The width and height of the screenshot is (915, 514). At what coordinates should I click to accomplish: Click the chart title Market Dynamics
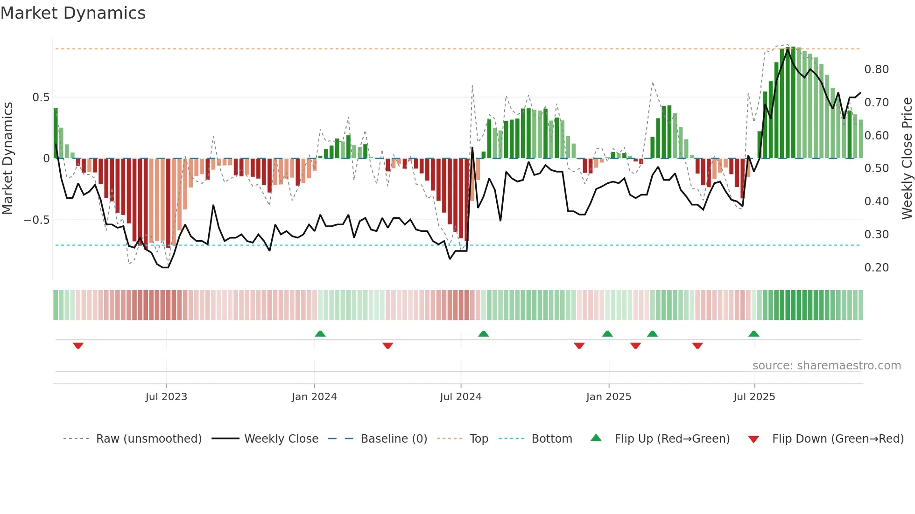click(x=73, y=13)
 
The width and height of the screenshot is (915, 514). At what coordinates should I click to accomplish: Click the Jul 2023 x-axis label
click(x=166, y=397)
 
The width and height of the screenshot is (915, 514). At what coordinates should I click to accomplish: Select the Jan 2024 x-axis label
click(x=314, y=397)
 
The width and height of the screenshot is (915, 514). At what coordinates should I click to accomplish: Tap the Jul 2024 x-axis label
click(x=460, y=397)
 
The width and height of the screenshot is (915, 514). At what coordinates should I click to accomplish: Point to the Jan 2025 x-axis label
click(x=608, y=397)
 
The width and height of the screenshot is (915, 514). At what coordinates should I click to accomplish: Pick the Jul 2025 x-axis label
click(x=754, y=397)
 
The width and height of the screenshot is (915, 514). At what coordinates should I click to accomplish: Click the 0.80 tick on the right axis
click(x=876, y=69)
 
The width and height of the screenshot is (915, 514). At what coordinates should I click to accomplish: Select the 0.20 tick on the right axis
click(x=876, y=268)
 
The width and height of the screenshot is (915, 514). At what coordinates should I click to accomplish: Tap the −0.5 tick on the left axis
click(x=37, y=220)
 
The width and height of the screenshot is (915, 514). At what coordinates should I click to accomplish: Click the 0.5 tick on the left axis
click(x=41, y=97)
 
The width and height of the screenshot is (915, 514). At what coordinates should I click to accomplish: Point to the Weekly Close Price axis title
click(x=907, y=159)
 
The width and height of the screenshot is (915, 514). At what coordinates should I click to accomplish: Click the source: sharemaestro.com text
click(x=826, y=366)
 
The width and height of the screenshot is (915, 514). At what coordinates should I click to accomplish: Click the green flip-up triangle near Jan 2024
click(x=320, y=334)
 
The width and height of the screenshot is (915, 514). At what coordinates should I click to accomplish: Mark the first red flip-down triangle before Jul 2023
click(x=78, y=345)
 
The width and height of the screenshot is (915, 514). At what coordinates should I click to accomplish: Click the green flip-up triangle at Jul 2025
click(x=753, y=334)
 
